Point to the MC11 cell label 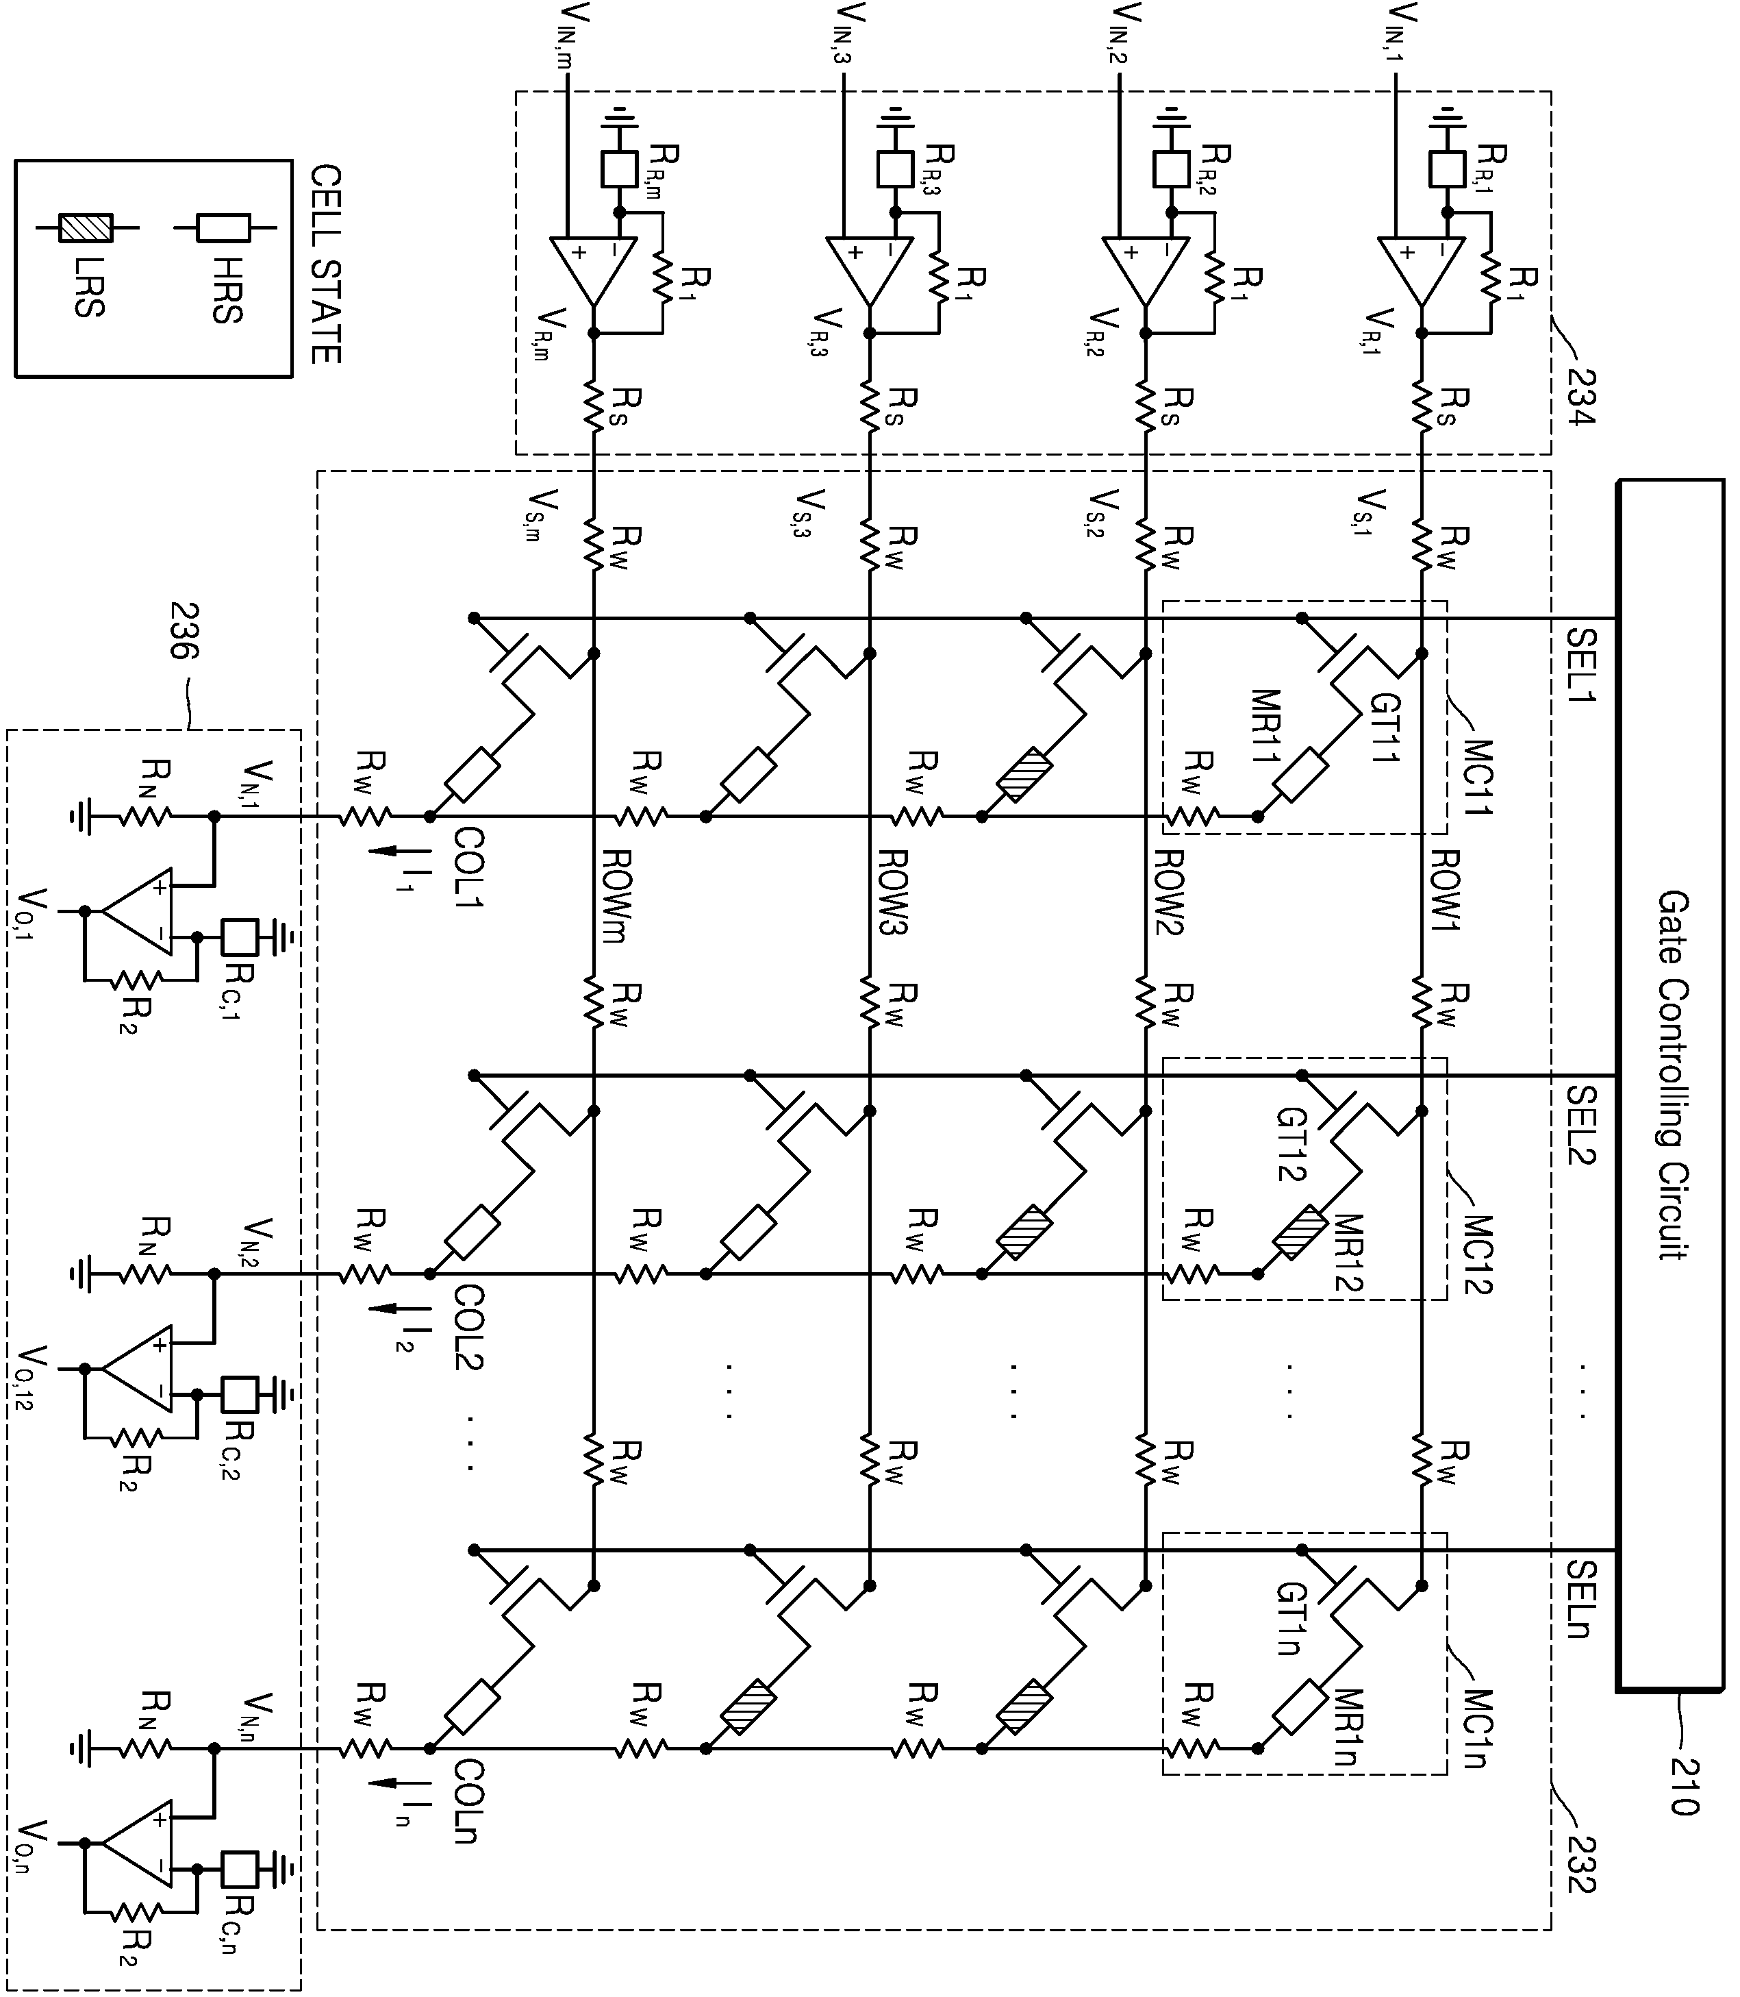pyautogui.click(x=1478, y=777)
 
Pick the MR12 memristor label pyautogui.click(x=1347, y=1252)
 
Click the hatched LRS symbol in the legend pyautogui.click(x=86, y=228)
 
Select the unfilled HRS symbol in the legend pyautogui.click(x=223, y=228)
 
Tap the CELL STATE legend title pyautogui.click(x=325, y=264)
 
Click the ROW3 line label pyautogui.click(x=894, y=892)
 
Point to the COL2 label pyautogui.click(x=470, y=1327)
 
